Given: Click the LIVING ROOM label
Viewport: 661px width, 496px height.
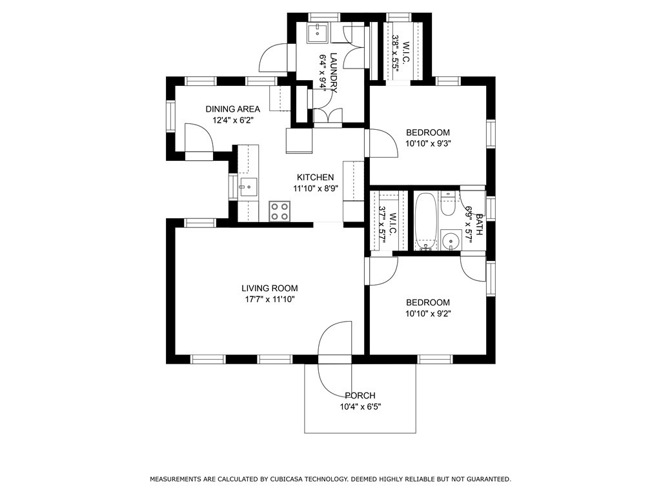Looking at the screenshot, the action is pyautogui.click(x=269, y=289).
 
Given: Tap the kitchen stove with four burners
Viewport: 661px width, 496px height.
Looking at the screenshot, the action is pyautogui.click(x=280, y=211).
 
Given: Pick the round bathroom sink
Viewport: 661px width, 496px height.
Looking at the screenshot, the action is pyautogui.click(x=450, y=240).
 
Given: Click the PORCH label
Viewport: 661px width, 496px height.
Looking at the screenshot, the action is pyautogui.click(x=360, y=396).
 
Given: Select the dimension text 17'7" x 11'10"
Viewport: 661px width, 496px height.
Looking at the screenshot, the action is pyautogui.click(x=269, y=300).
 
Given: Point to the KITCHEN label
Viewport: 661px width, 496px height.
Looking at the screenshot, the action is pyautogui.click(x=315, y=178).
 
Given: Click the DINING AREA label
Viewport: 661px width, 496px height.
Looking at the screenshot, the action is pyautogui.click(x=232, y=108).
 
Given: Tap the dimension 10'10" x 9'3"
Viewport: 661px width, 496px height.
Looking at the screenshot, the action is pyautogui.click(x=428, y=143).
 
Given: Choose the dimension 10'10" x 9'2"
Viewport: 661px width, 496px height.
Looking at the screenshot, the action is pyautogui.click(x=428, y=314).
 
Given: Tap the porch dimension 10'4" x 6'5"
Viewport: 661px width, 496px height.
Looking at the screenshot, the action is pyautogui.click(x=360, y=408).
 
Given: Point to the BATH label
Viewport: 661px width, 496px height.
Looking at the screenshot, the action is pyautogui.click(x=479, y=224).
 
